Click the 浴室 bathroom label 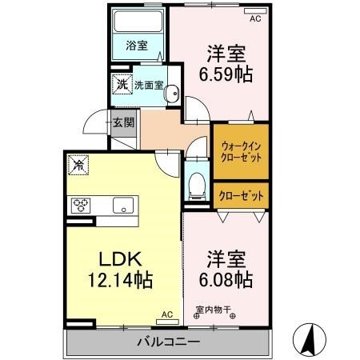[x=138, y=46]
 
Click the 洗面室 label [x=149, y=82]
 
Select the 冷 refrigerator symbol [x=79, y=166]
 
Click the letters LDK [x=120, y=259]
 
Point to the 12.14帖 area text [x=120, y=281]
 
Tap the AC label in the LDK [x=166, y=314]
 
